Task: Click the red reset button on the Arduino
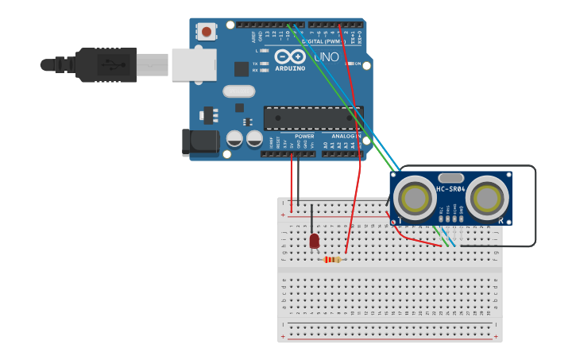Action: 207,32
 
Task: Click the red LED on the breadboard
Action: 314,240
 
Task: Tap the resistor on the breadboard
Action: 332,259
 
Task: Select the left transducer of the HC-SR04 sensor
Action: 414,195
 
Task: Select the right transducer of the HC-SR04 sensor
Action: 485,195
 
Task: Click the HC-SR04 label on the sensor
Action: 450,189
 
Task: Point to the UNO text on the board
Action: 326,57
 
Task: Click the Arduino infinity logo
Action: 290,56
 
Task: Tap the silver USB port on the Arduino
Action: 193,64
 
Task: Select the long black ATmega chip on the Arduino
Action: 313,118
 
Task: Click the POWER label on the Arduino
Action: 303,136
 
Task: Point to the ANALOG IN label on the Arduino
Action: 346,136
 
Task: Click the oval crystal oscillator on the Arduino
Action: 238,91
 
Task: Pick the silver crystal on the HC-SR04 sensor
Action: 450,178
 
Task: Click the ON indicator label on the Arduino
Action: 357,64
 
